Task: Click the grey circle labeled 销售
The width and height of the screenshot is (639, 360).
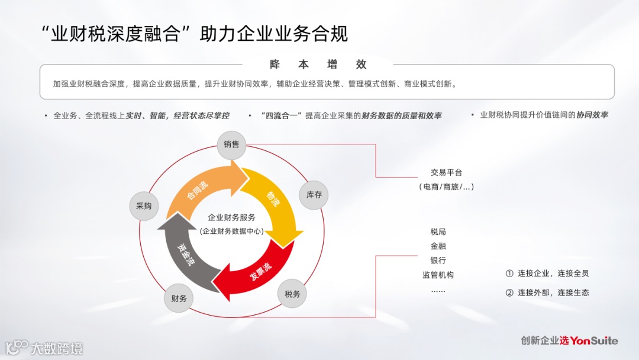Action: coord(231,144)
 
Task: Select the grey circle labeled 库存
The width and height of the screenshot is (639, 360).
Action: coord(314,195)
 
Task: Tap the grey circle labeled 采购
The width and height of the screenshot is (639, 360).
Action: coord(144,206)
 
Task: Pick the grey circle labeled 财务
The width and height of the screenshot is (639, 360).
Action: coord(179,298)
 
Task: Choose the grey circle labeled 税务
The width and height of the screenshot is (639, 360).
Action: coord(292,294)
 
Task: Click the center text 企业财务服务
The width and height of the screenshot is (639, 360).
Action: coord(232,217)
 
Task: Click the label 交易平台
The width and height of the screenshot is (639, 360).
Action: coord(446,173)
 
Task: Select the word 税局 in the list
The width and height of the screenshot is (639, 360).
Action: coord(438,232)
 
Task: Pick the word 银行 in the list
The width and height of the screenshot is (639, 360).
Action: coord(438,261)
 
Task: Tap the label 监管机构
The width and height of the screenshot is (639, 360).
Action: coord(438,275)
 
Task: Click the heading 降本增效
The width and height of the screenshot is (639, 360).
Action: coord(318,65)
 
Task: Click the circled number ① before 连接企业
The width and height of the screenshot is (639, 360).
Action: coord(509,274)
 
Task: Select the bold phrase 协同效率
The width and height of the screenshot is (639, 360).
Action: coord(592,115)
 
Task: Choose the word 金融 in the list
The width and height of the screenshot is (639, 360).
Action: coord(438,246)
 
